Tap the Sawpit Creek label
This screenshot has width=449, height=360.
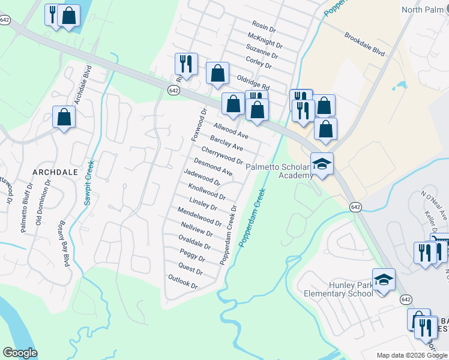point(89,183)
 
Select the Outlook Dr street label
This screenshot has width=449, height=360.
point(183,281)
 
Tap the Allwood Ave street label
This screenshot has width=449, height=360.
point(231,130)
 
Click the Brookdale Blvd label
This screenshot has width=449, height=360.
point(364,44)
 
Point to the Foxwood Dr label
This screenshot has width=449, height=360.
point(199,125)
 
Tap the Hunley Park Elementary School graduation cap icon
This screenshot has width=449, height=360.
point(384,280)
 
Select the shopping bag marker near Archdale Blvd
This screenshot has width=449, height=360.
point(64,118)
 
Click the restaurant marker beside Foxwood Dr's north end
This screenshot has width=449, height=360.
point(187,65)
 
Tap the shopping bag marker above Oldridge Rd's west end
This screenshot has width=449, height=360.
point(217,74)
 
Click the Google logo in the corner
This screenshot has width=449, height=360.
point(20,353)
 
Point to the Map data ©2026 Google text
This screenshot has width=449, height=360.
point(412,355)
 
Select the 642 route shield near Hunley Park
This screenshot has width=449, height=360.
point(407,299)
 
